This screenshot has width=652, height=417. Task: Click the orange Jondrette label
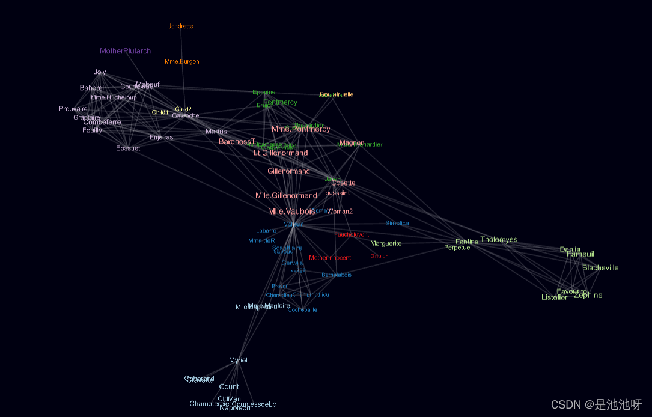click(181, 26)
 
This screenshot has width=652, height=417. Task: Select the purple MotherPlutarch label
click(125, 52)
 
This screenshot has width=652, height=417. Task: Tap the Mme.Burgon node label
click(182, 62)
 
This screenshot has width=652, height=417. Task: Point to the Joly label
click(100, 72)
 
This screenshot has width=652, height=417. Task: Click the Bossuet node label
click(128, 148)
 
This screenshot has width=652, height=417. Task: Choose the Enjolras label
click(161, 138)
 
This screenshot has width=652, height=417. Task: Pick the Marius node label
click(216, 132)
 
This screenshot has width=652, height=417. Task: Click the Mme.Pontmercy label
click(300, 129)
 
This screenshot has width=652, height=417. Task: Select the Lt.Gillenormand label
click(281, 153)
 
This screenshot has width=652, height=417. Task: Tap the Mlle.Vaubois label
click(291, 212)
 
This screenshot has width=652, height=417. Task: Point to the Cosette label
click(344, 183)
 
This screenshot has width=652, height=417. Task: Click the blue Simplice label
click(397, 224)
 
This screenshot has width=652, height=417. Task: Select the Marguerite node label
click(386, 243)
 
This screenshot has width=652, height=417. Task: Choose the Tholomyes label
click(499, 240)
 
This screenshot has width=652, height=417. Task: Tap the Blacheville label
click(600, 268)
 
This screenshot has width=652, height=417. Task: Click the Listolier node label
click(554, 297)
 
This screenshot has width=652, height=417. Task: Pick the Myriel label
click(238, 361)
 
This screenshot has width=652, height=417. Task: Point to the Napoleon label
click(235, 408)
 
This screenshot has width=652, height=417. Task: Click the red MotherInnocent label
click(330, 258)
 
